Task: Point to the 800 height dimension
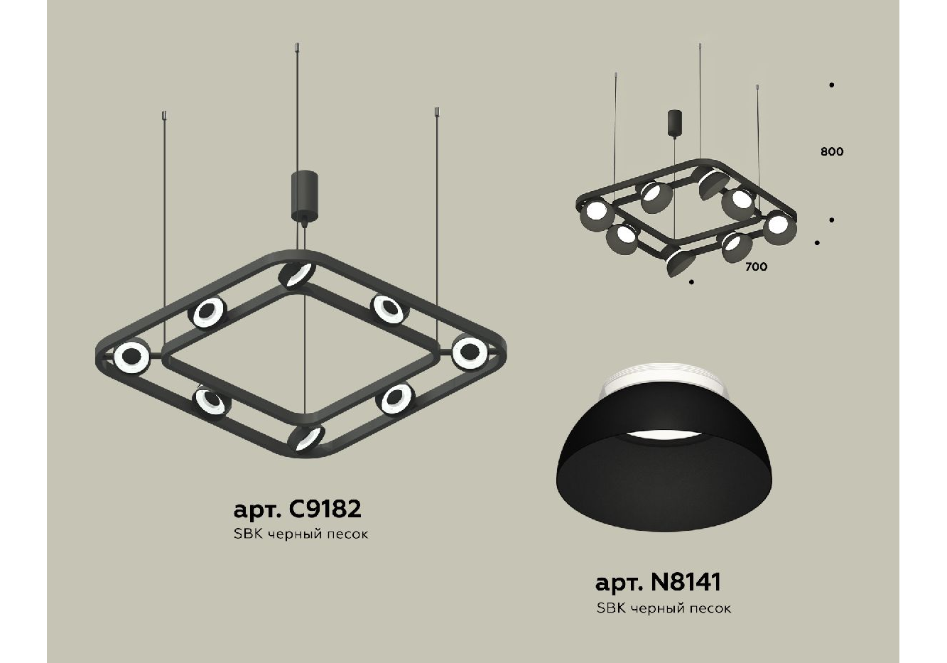pyautogui.click(x=832, y=151)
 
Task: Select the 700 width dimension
pyautogui.click(x=757, y=266)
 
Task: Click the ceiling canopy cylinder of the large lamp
pyautogui.click(x=304, y=195)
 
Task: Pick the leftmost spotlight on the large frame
pyautogui.click(x=131, y=357)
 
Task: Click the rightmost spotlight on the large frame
pyautogui.click(x=470, y=352)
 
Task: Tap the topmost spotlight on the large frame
pyautogui.click(x=297, y=274)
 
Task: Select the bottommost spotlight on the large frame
pyautogui.click(x=306, y=438)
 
